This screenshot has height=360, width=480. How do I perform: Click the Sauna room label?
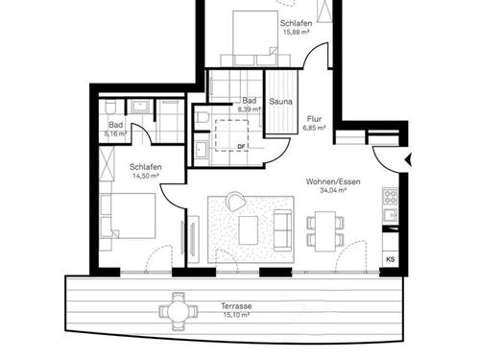coord(280,101)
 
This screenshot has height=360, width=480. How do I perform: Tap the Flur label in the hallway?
coord(315,116)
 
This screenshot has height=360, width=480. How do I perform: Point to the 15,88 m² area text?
coord(297,32)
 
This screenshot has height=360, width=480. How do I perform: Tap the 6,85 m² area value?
coord(315,126)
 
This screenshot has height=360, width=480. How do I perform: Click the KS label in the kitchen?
coord(390,259)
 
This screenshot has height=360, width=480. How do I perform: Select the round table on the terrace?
coord(175,309)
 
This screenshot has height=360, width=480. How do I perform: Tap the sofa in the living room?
coord(285,228)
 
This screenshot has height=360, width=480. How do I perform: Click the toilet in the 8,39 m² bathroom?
coord(204,117)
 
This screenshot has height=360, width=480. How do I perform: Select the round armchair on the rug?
coord(235,202)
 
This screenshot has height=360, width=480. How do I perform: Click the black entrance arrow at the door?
coord(410,157)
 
